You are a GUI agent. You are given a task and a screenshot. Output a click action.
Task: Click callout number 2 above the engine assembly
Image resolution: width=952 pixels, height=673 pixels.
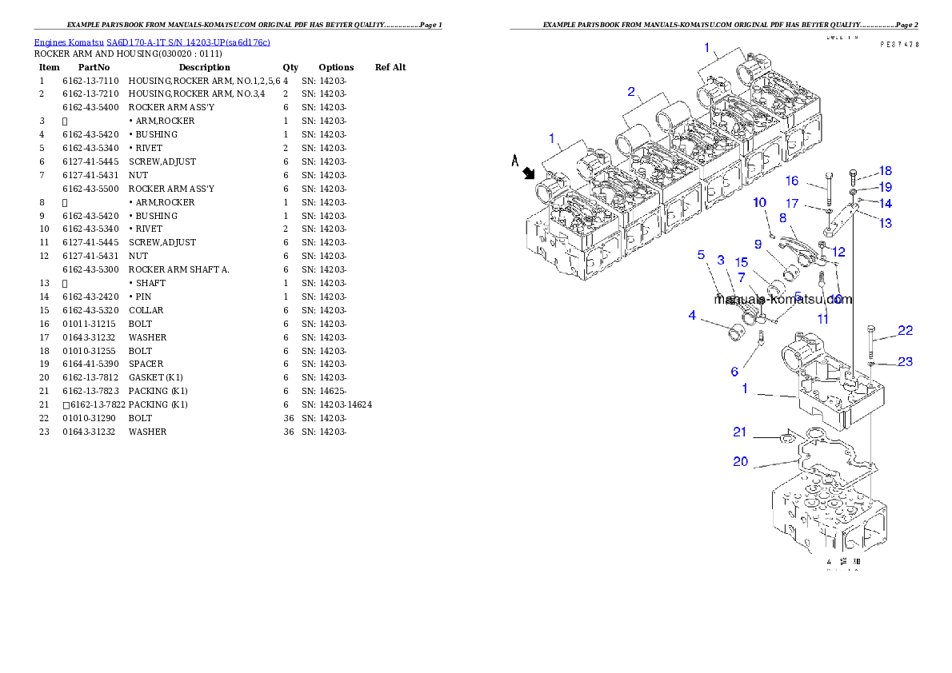coord(631,92)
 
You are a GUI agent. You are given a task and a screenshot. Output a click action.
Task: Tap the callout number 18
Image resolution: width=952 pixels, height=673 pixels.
coord(885,171)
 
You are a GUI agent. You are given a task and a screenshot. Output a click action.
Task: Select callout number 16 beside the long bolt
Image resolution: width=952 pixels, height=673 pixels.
coord(791,181)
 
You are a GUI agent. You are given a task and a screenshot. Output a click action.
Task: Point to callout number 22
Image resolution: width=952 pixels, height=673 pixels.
coord(904,330)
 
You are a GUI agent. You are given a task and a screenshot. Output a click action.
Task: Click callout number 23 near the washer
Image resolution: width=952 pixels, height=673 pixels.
coord(904,361)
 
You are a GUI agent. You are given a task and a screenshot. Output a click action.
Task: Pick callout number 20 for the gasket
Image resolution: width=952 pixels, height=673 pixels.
coord(740,461)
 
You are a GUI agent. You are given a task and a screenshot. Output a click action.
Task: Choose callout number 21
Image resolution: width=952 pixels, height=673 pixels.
coord(740,432)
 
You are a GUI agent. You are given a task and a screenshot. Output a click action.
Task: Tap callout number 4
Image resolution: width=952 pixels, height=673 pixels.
coord(692,316)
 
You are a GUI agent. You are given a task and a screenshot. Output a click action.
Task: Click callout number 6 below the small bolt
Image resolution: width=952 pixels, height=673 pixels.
coord(734,372)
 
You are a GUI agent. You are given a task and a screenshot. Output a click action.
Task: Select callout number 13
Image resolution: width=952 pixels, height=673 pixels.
coord(885,224)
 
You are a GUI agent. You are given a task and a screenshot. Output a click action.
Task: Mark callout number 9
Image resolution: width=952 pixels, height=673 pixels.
coord(757,244)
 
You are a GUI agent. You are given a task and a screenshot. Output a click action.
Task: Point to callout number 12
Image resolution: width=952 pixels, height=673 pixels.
coord(838,252)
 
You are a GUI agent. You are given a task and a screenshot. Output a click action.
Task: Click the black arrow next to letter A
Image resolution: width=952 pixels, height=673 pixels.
coord(528,173)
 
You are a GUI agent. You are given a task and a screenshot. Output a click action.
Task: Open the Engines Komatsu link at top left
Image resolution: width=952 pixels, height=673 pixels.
coord(152,42)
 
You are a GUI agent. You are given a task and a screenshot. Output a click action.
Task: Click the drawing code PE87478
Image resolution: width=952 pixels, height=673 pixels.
coord(899,46)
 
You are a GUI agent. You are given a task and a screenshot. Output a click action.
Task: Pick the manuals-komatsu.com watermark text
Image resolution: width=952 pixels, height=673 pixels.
coord(783,300)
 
